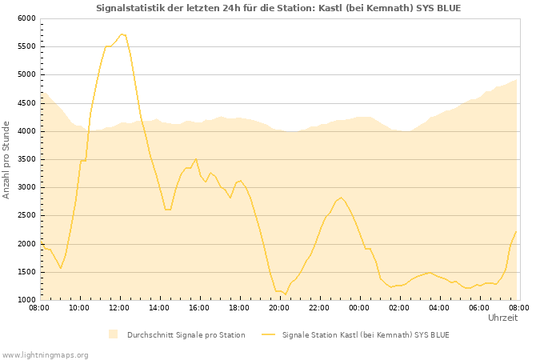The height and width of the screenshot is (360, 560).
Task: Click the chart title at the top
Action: (278, 8)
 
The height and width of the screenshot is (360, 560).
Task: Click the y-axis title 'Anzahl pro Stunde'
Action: (6, 159)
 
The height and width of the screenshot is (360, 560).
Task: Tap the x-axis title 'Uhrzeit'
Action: (502, 318)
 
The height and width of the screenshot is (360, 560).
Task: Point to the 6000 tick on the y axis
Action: (26, 18)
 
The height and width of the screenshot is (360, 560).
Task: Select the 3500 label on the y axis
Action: (26, 159)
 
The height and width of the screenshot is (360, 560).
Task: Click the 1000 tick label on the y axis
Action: (26, 300)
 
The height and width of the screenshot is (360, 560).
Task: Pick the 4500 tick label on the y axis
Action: (26, 103)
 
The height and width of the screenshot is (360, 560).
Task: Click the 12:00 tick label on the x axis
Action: (119, 307)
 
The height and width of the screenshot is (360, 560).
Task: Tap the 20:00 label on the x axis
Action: (279, 307)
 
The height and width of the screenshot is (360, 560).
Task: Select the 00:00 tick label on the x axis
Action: (359, 307)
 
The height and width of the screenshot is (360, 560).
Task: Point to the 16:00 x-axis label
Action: (199, 307)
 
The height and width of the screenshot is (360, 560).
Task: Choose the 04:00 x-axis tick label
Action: (439, 307)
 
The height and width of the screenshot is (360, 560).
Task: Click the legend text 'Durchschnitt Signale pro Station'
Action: (186, 334)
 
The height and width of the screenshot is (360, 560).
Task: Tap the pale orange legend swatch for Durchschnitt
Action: (113, 334)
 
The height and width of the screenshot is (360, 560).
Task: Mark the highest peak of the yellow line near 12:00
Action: (122, 34)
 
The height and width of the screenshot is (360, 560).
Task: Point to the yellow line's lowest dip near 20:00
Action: (285, 294)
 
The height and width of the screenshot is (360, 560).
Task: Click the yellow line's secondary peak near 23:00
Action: (342, 198)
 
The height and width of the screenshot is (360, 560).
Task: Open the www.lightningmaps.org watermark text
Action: (45, 354)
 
